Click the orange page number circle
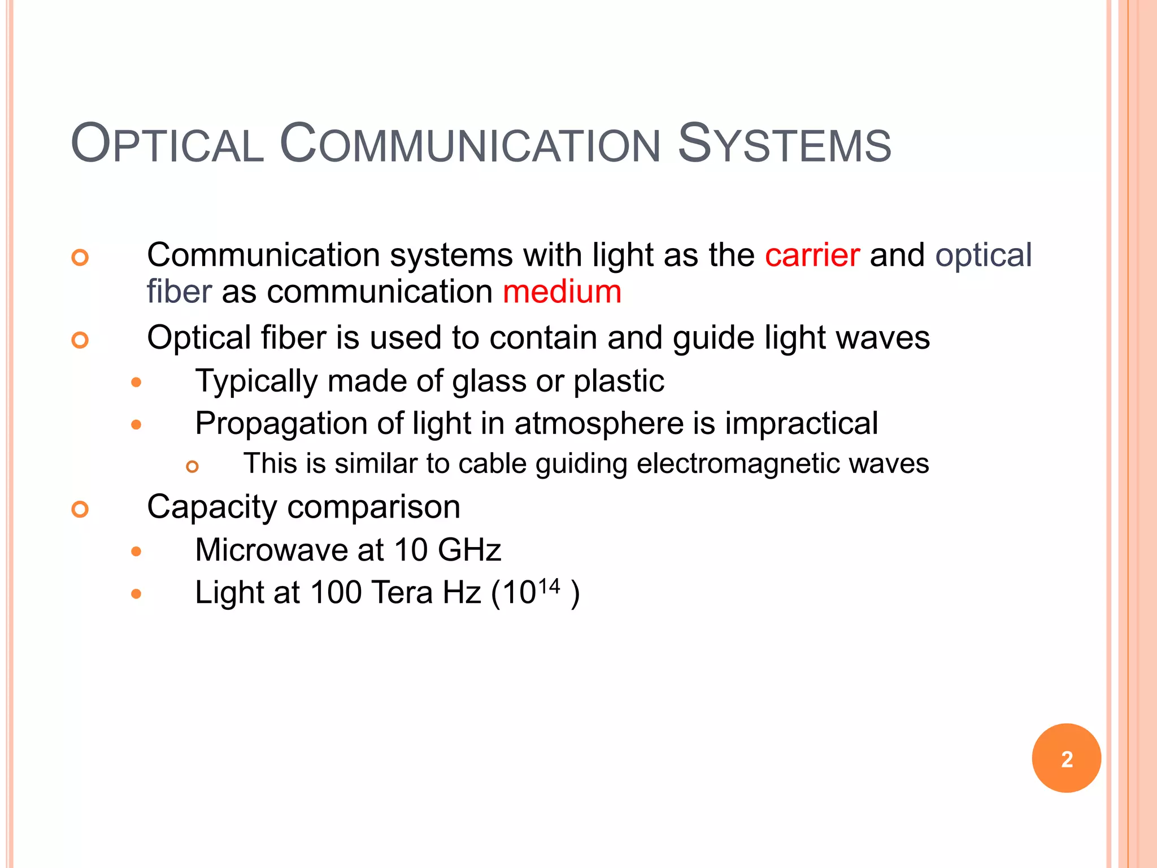1066,758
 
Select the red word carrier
812,255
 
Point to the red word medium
562,292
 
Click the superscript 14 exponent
549,586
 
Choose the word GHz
469,550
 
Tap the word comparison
374,507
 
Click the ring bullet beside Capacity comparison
80,509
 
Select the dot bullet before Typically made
136,383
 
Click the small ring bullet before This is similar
193,467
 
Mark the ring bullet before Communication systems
80,258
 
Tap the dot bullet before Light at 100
136,594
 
